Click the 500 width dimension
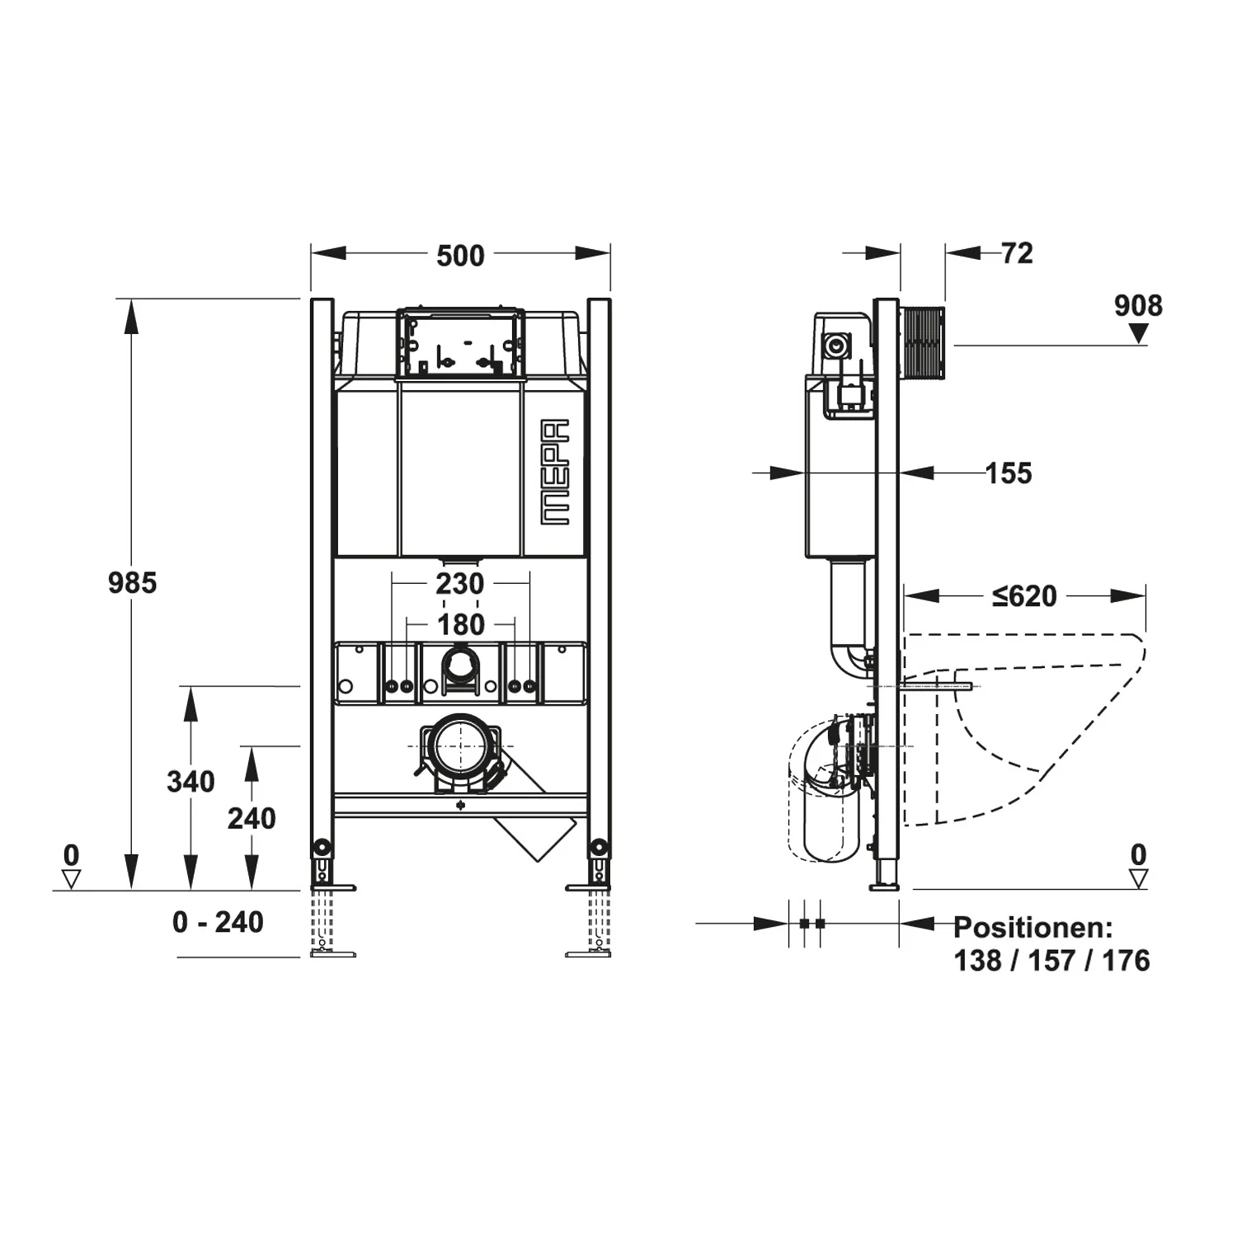click(x=460, y=256)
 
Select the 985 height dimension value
click(x=132, y=583)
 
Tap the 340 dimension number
click(x=190, y=781)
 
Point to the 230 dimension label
click(x=460, y=584)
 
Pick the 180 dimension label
click(x=461, y=625)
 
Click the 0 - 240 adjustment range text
click(x=218, y=922)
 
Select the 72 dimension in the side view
click(x=1018, y=253)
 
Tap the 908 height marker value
click(x=1138, y=306)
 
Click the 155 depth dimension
click(x=1009, y=473)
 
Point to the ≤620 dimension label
click(x=1024, y=595)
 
